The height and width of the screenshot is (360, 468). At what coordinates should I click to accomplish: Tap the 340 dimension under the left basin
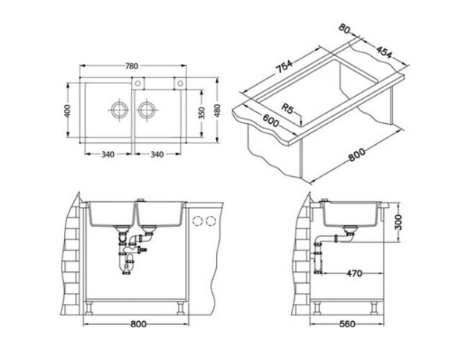[x=108, y=154]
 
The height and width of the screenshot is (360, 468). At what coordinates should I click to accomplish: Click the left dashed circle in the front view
[x=197, y=221]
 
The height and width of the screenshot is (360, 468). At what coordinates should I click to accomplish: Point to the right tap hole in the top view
[x=179, y=82]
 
